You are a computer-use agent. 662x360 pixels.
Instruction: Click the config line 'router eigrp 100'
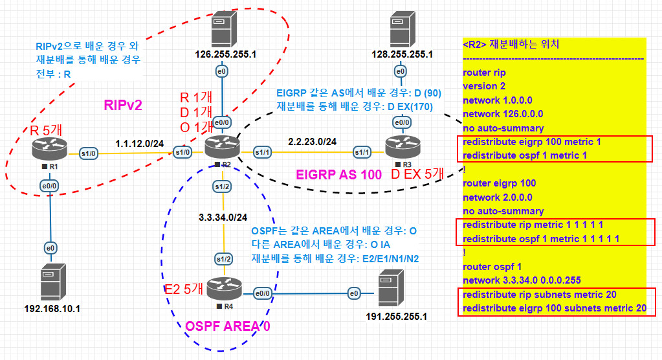click(499, 183)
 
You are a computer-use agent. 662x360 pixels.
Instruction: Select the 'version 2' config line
click(484, 86)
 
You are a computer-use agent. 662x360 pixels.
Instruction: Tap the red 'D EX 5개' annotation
click(417, 174)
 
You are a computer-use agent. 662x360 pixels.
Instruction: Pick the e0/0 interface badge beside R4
click(263, 293)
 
